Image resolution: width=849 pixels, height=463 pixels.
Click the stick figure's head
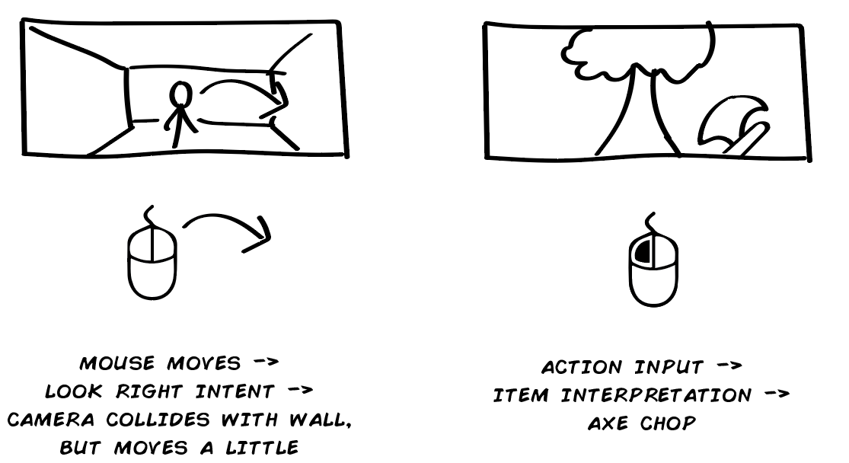tap(181, 94)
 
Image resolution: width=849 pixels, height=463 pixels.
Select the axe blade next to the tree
tap(728, 120)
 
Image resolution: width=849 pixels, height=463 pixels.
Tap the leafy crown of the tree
tap(638, 53)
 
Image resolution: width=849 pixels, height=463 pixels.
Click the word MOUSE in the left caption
tap(117, 362)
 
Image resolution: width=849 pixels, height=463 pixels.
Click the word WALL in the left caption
tap(320, 420)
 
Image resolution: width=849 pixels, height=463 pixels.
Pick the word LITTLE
tap(262, 448)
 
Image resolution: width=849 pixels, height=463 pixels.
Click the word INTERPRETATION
tap(656, 395)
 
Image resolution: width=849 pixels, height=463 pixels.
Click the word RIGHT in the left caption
tap(148, 391)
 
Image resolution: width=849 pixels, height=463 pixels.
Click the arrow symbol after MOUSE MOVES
tap(267, 361)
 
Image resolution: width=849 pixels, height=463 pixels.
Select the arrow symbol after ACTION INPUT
tap(729, 366)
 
